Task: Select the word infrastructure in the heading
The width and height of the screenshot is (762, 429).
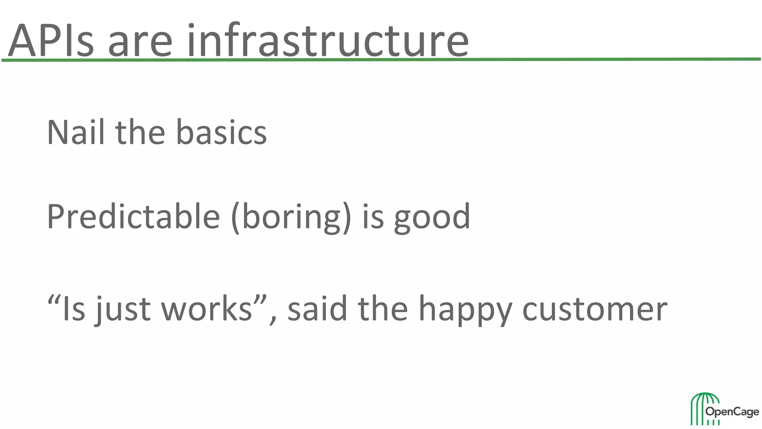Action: coord(327,39)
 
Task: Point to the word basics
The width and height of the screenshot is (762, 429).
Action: coord(221,132)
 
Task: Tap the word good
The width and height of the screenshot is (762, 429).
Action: coord(432,217)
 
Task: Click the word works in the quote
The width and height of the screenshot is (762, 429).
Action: coord(207,309)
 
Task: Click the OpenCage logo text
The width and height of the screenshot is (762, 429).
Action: coord(732,412)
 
